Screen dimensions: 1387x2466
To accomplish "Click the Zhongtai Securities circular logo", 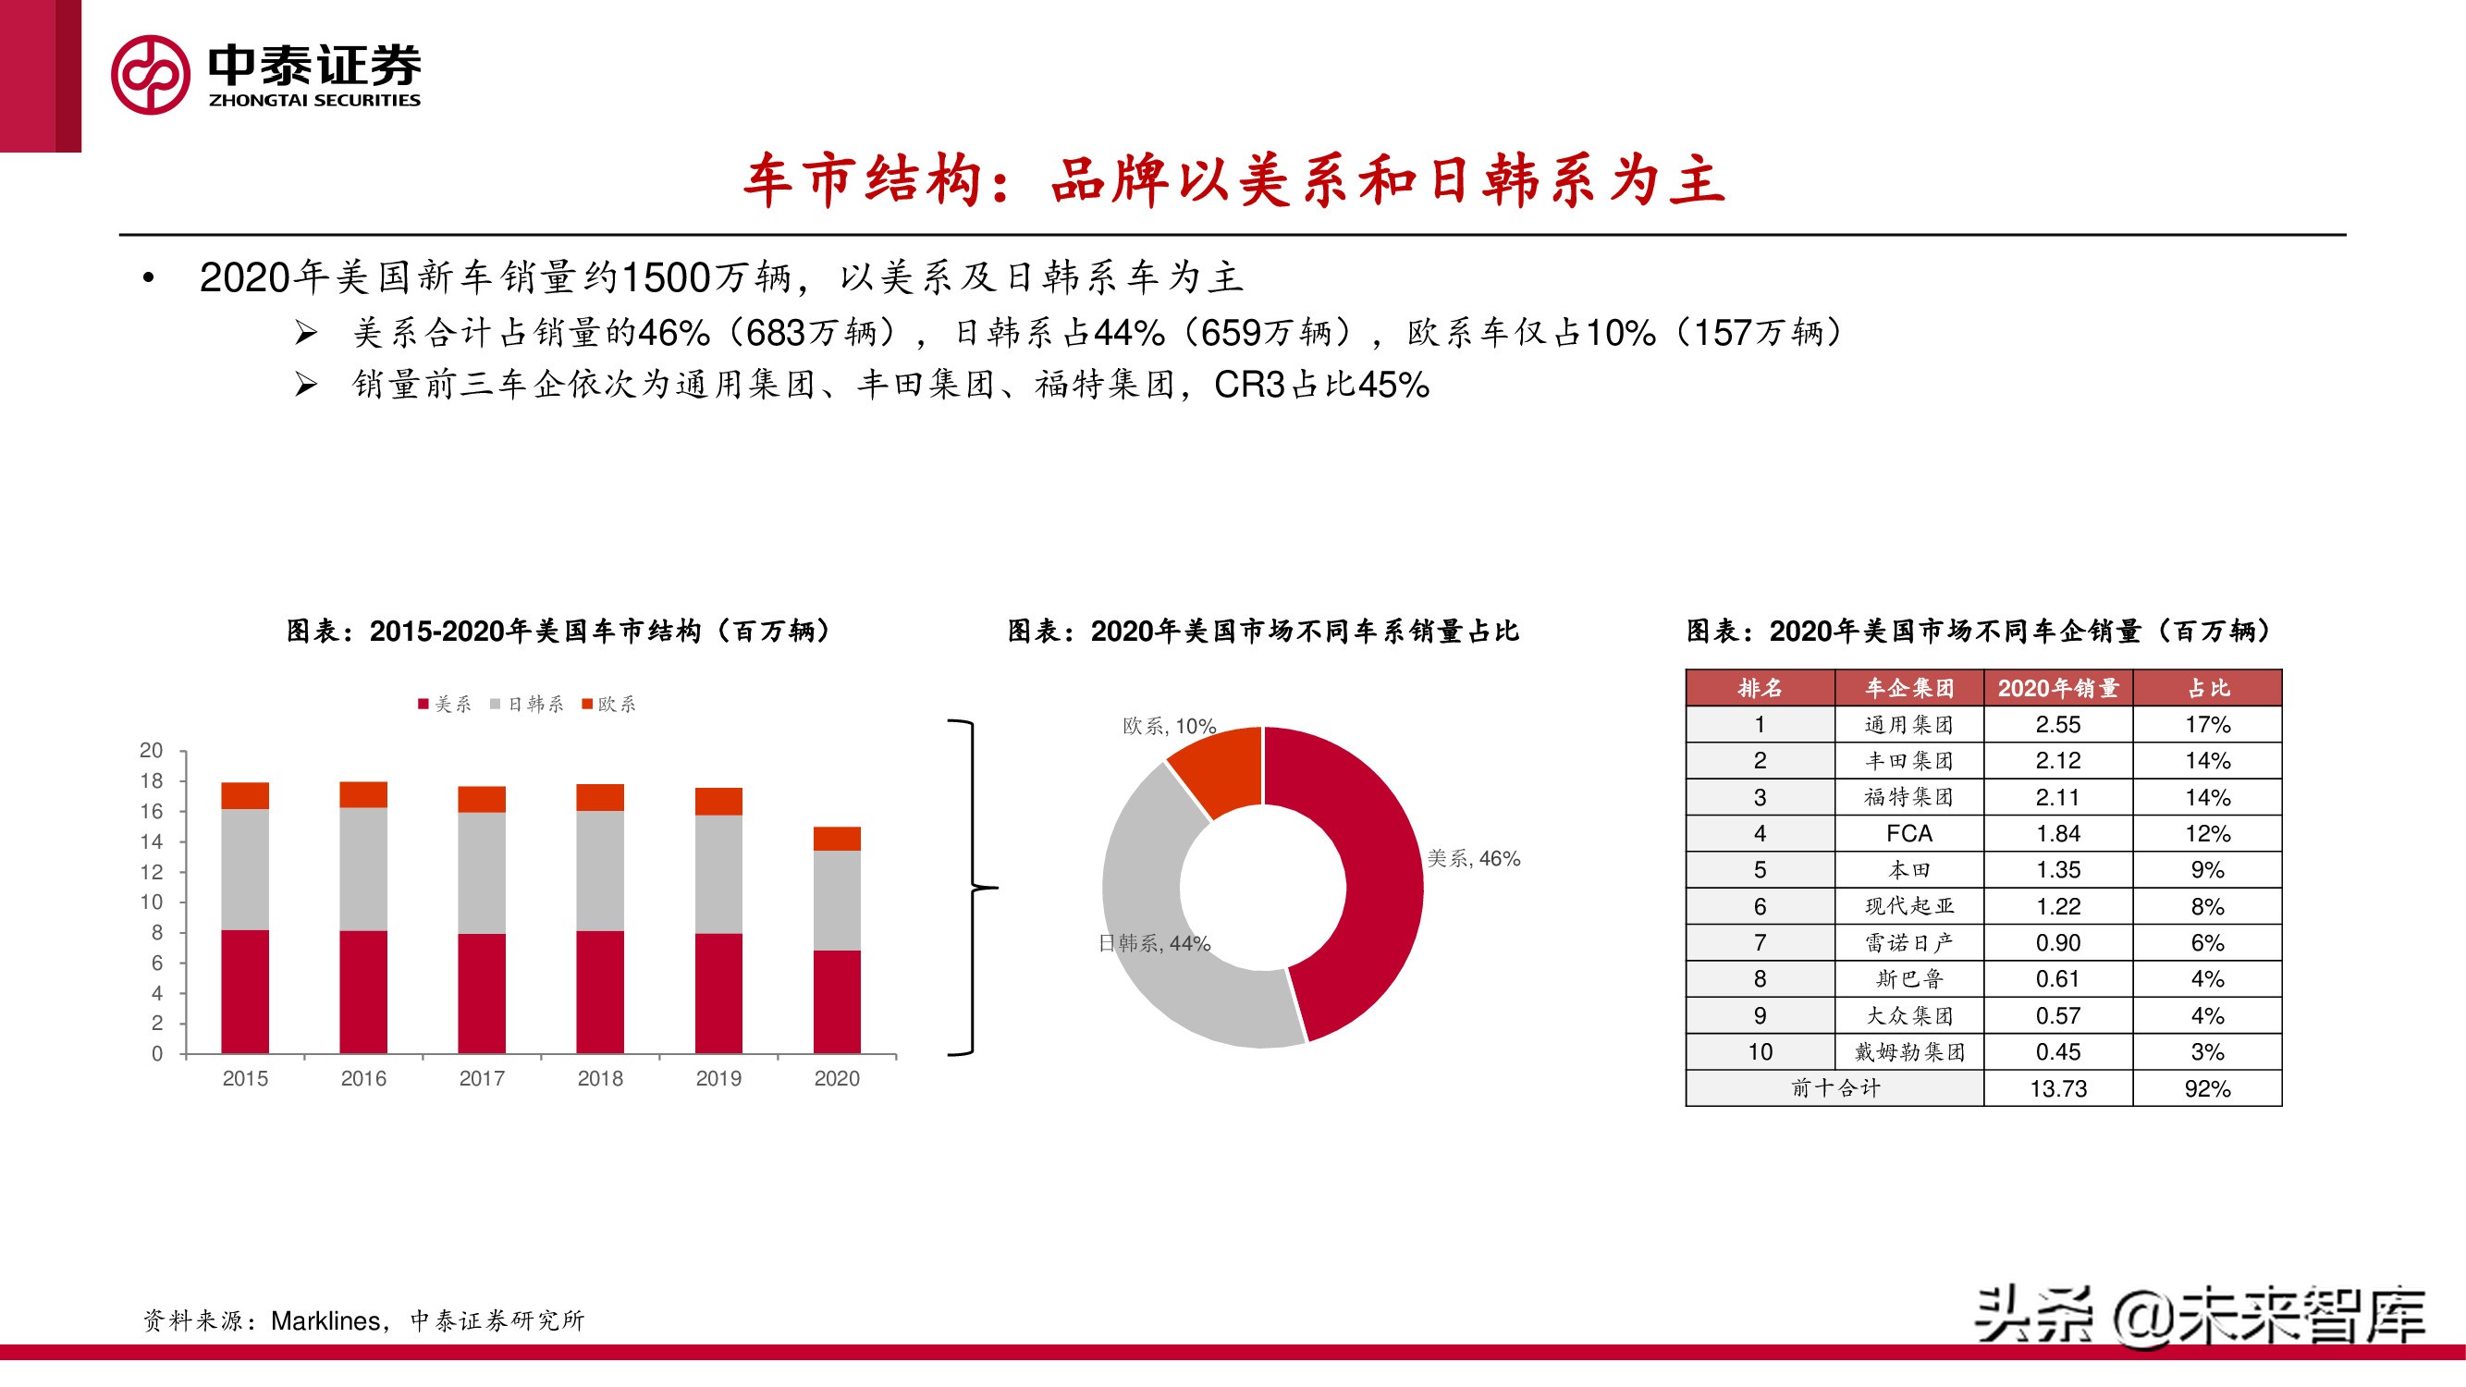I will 151,75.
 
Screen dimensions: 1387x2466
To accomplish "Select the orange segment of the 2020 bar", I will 837,839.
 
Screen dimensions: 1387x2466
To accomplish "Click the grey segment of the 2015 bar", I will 245,869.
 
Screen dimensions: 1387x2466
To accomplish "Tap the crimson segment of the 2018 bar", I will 600,991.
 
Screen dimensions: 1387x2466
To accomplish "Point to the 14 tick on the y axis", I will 152,842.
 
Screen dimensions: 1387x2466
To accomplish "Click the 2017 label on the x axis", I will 482,1079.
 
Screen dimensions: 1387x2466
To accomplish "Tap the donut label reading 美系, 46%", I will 1473,859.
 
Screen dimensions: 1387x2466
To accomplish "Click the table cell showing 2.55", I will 2058,725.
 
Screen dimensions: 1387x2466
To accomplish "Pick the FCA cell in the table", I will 1908,834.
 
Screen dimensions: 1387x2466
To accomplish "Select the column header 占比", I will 2207,688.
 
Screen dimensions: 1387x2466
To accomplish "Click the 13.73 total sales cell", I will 2058,1088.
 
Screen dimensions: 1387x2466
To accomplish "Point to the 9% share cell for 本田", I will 2207,870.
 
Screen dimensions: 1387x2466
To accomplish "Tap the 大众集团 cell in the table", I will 1908,1015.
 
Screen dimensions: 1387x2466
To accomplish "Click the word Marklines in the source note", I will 325,1321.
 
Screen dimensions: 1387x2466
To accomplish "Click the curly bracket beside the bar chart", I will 973,889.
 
